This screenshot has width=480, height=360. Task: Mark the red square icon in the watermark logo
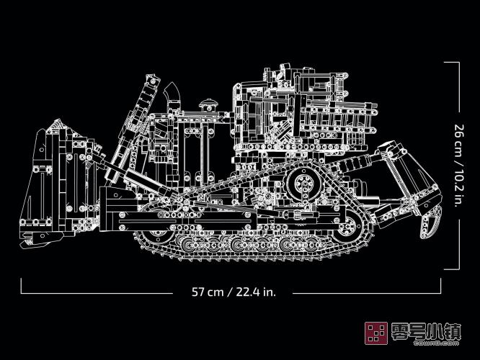click(374, 333)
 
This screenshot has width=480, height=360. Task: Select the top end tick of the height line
click(452, 63)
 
